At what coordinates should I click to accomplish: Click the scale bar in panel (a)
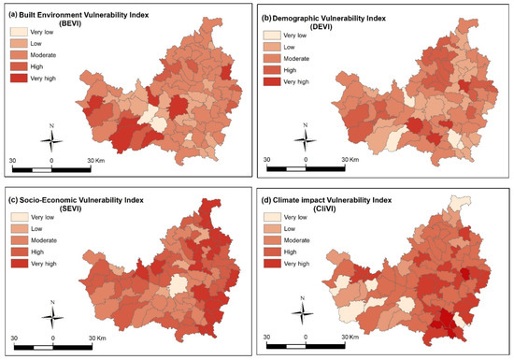pos(51,170)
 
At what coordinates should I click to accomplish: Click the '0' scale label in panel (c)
pos(52,338)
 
